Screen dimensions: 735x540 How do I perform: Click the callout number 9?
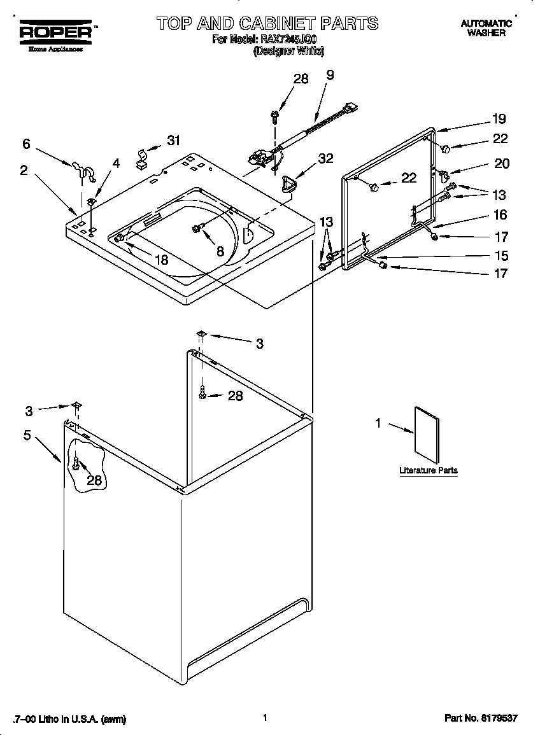tap(330, 75)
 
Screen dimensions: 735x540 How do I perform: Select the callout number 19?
tap(499, 118)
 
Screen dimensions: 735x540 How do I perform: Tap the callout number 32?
tap(325, 159)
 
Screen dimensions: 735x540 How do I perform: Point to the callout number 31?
tap(174, 141)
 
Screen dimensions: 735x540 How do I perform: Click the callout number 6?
tap(26, 144)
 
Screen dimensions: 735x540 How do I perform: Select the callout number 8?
tap(220, 251)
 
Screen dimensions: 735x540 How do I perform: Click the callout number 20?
tap(502, 164)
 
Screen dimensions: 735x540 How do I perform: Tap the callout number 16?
tap(501, 215)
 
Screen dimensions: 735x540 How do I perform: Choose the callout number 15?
tap(502, 256)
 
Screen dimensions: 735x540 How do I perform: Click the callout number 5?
tap(27, 436)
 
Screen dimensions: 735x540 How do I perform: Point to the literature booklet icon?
tap(426, 434)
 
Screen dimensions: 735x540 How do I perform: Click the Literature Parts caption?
tap(428, 471)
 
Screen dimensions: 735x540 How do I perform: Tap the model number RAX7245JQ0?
tap(288, 39)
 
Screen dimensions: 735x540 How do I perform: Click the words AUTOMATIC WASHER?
tap(486, 28)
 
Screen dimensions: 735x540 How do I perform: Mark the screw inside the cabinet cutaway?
tap(76, 463)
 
